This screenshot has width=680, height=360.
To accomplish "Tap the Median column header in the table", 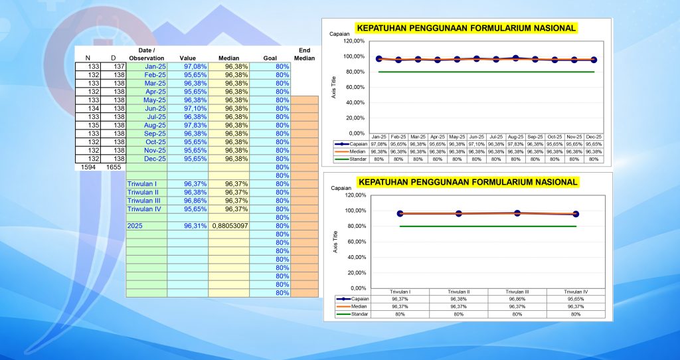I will tap(228, 58).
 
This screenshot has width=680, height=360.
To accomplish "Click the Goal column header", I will tap(270, 58).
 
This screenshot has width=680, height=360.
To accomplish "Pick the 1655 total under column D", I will tap(113, 168).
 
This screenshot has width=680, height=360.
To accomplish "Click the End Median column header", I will tap(305, 54).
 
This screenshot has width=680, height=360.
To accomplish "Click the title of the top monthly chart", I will tap(466, 28).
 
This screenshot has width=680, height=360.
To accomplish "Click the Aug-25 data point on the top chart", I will tap(515, 58).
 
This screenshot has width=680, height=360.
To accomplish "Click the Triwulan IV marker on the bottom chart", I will tap(576, 215).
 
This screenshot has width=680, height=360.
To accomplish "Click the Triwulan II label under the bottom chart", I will tap(459, 292).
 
